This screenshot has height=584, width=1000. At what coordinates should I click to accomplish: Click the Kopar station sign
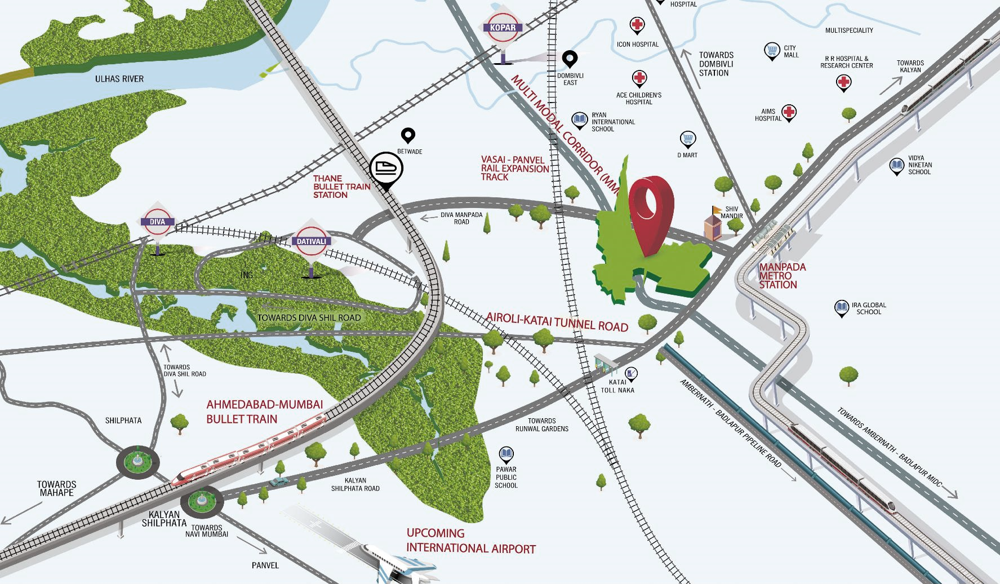click(x=503, y=28)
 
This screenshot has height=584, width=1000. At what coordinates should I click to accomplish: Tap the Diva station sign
click(x=157, y=222)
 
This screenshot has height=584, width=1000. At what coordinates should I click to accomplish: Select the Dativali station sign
click(x=311, y=241)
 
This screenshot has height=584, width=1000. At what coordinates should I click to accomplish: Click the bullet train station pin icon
click(x=386, y=169)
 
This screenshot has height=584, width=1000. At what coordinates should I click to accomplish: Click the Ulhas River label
click(x=119, y=79)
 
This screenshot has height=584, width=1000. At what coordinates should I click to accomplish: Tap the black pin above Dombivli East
click(x=570, y=59)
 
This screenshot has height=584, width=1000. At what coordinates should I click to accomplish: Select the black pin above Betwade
click(x=408, y=135)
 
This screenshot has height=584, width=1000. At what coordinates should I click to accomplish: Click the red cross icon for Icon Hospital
click(x=637, y=25)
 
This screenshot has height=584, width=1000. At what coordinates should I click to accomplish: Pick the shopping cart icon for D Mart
click(x=687, y=139)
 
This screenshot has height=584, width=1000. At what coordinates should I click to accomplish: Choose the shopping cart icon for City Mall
click(x=772, y=51)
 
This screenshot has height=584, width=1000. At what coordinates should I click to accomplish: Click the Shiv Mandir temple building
click(x=713, y=225)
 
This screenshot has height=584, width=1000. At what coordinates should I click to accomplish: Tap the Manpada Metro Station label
click(x=781, y=276)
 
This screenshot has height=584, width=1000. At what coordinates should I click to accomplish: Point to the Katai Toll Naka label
click(x=617, y=386)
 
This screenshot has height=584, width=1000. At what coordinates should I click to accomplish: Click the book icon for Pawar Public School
click(x=506, y=454)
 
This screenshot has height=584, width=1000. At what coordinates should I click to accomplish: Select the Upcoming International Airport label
click(x=470, y=541)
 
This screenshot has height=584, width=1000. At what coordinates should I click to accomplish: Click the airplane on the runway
click(x=400, y=564)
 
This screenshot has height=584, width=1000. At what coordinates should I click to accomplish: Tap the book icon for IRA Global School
click(x=841, y=308)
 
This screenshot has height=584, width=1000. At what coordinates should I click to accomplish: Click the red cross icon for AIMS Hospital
click(x=789, y=112)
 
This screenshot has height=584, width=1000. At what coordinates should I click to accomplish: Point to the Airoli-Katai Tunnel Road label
click(x=557, y=322)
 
